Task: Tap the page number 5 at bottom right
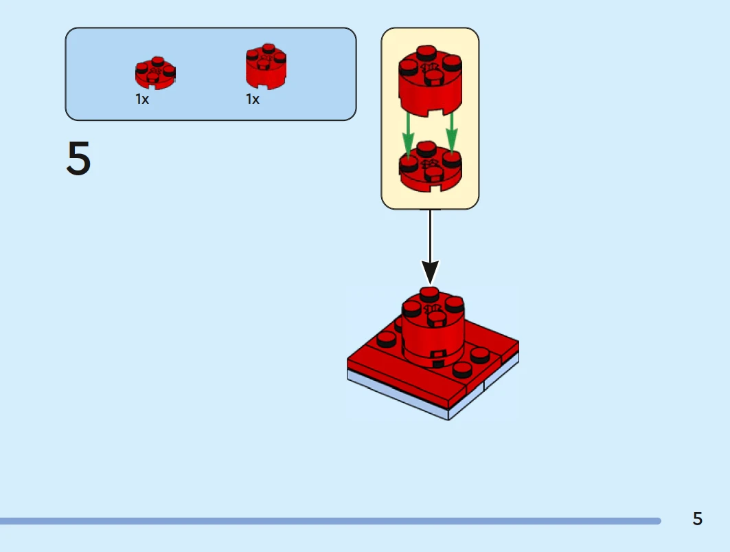697,519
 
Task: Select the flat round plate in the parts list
155,74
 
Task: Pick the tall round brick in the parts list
266,68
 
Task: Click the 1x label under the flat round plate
142,100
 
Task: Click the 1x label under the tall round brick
253,100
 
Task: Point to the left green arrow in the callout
408,135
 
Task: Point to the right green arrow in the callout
452,132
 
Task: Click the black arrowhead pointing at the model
430,272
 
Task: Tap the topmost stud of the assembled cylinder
430,294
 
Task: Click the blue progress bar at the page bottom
330,521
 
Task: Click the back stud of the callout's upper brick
426,52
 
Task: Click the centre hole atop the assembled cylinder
433,309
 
